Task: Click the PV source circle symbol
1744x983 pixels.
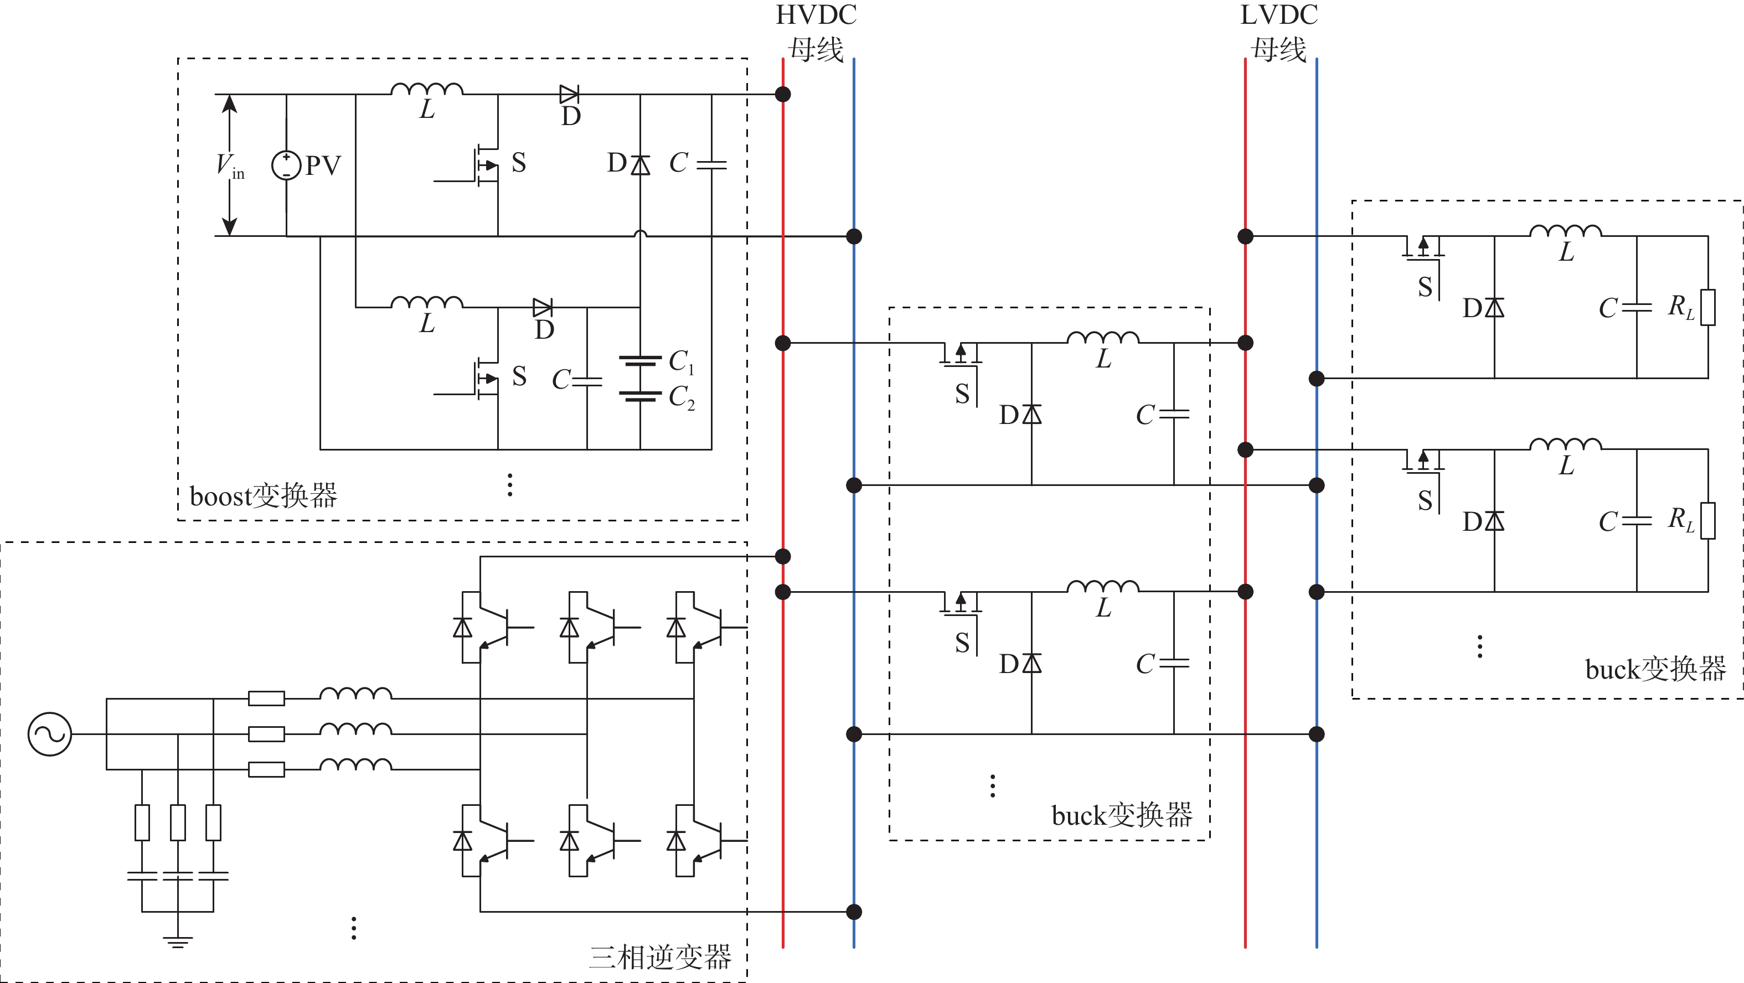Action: (286, 165)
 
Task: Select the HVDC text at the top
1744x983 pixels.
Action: (816, 15)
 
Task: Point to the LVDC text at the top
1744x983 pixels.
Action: (1279, 15)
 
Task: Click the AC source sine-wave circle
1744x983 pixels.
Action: (49, 734)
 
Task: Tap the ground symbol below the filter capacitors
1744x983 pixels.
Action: (177, 941)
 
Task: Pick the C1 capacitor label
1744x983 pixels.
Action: (681, 361)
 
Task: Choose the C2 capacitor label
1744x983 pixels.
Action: (681, 397)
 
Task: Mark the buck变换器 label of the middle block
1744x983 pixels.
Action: (1122, 816)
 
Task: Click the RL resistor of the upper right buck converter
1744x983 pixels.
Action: (1708, 307)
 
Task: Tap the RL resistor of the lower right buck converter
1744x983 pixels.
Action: (1708, 521)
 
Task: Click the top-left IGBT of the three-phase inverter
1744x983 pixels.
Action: (487, 628)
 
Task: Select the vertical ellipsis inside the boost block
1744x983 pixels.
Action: (510, 485)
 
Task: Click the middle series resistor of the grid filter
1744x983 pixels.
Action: (266, 734)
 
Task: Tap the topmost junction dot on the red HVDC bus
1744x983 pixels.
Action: (783, 94)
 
